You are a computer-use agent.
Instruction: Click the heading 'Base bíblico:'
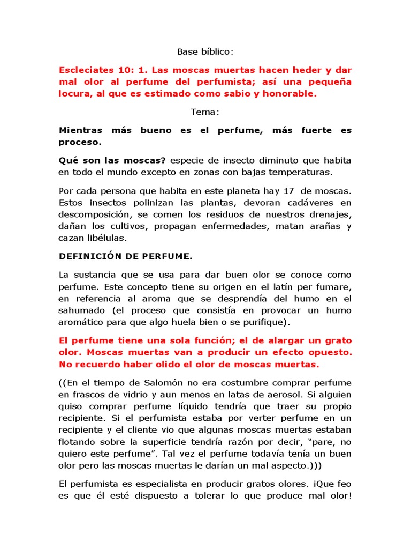click(x=205, y=52)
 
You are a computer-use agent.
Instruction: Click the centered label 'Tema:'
click(x=205, y=112)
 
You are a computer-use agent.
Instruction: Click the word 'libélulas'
click(x=108, y=237)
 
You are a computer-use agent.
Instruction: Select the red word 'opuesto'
click(x=328, y=353)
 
